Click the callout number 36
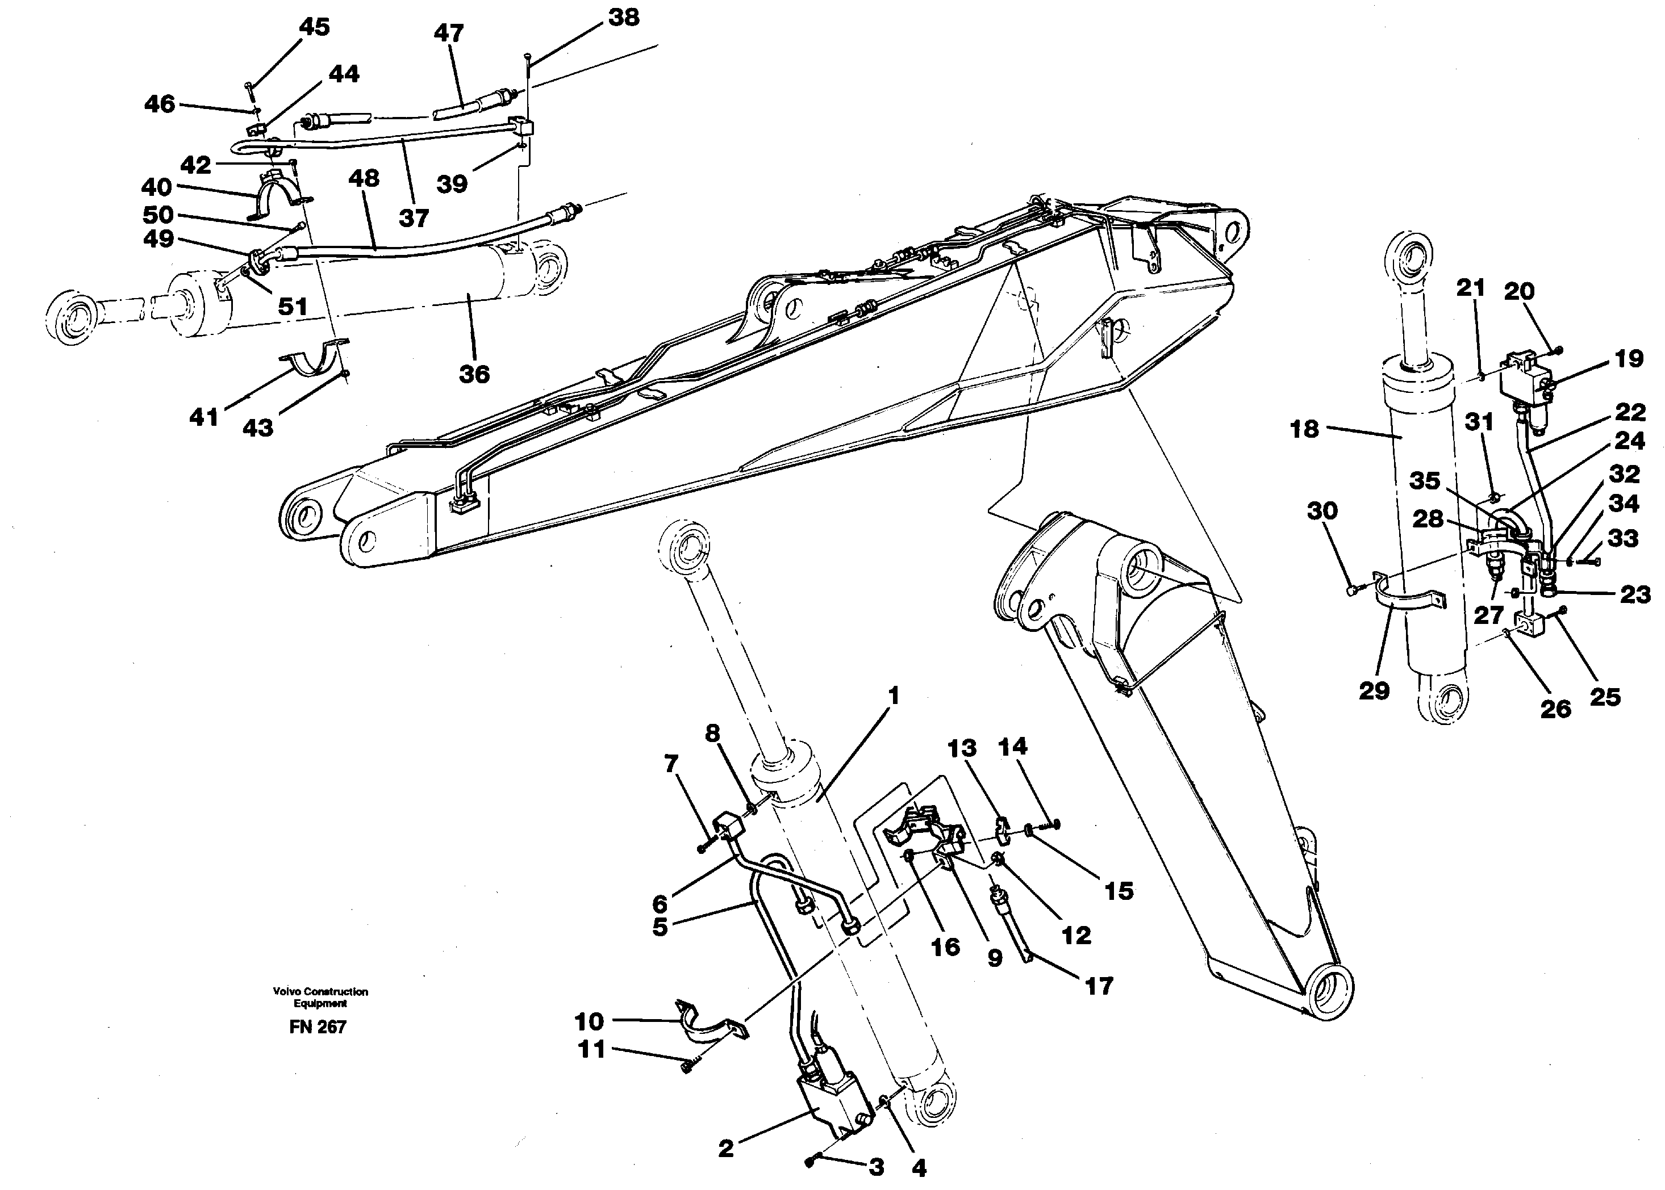[x=474, y=375]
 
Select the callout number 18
[x=1304, y=429]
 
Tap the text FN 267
[x=318, y=1026]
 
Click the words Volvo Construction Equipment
[x=320, y=998]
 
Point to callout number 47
[x=449, y=33]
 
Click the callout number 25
[x=1604, y=697]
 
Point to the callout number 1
[x=893, y=695]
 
